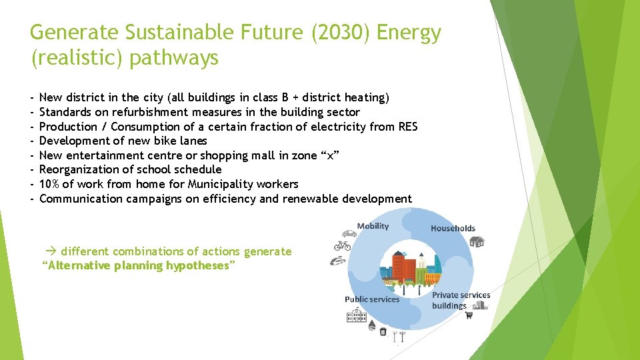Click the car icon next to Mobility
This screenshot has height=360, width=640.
point(349,235)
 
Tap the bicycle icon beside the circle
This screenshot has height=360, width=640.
point(341,245)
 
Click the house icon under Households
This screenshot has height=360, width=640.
point(477,241)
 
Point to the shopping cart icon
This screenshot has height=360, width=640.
point(468,315)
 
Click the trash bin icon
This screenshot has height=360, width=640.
point(383,331)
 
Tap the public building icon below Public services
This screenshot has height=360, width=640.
point(357,315)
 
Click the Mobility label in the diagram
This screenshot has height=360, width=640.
point(373,226)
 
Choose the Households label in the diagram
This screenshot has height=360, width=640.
point(453,228)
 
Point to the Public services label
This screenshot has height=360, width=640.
point(372,299)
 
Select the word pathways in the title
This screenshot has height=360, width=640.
point(174,58)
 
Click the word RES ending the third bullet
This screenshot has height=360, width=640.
point(407,127)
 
